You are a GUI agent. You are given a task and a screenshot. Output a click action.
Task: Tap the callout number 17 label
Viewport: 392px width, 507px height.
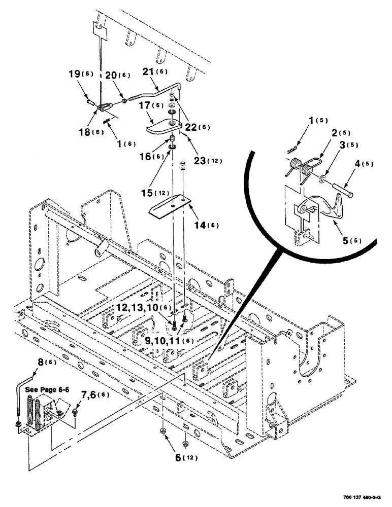click(146, 106)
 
